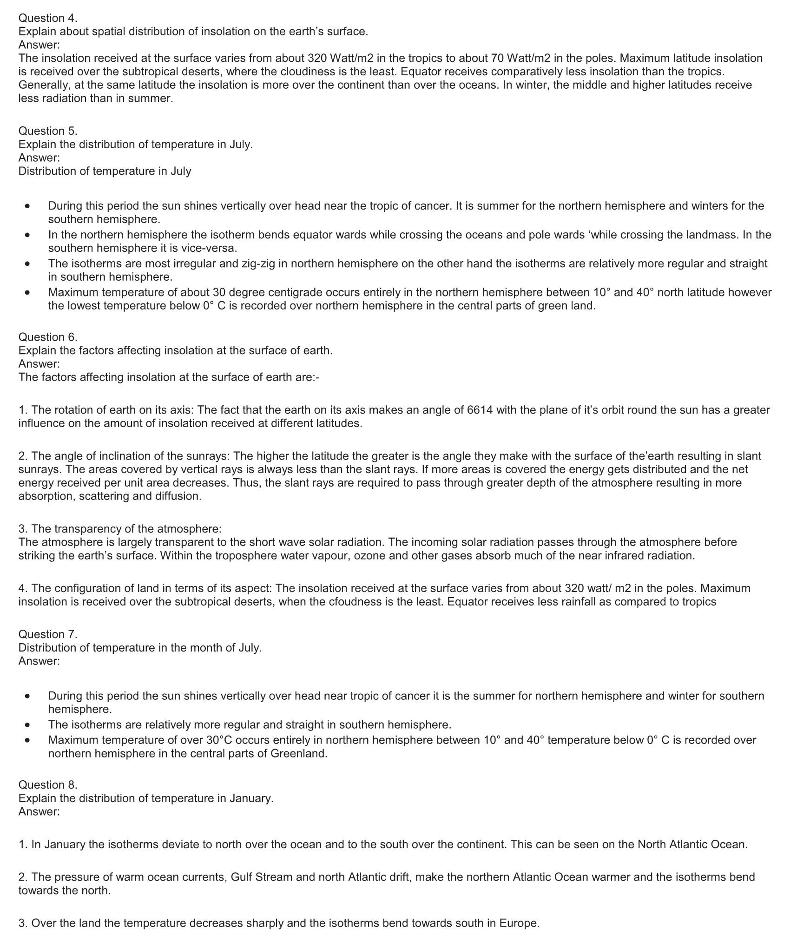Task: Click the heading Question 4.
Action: click(x=48, y=18)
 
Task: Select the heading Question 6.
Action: click(x=48, y=337)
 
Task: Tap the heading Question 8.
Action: click(x=48, y=784)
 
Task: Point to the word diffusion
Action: click(x=179, y=496)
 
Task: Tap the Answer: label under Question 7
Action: click(x=39, y=661)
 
